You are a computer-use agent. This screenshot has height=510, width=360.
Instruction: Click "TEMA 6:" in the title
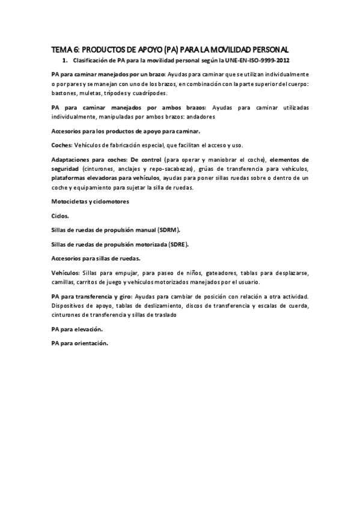(x=64, y=50)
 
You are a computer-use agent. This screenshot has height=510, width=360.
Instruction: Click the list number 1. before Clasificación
(x=65, y=61)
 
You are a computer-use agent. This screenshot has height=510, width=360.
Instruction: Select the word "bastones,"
(x=65, y=94)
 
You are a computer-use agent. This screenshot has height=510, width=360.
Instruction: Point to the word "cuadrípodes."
(x=149, y=94)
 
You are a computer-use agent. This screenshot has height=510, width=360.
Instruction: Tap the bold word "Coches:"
(x=61, y=145)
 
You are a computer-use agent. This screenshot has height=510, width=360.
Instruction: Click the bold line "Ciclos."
(x=61, y=215)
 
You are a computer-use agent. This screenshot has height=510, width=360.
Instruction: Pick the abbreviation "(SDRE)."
(x=178, y=244)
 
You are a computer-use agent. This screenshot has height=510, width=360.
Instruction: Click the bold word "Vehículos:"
(x=66, y=272)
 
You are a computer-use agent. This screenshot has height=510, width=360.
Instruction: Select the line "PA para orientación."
(x=81, y=343)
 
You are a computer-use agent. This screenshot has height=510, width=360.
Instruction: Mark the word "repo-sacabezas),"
(x=169, y=169)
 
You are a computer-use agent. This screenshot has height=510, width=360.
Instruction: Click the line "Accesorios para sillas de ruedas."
(x=96, y=258)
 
